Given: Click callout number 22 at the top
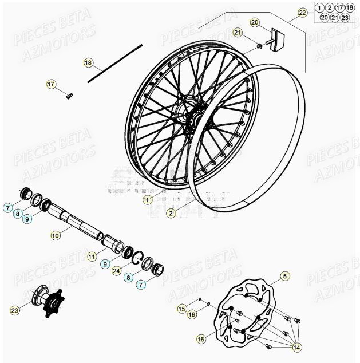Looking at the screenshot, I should coord(302,11).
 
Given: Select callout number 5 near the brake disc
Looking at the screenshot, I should coord(285,278).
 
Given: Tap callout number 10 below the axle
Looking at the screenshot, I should coord(55,235).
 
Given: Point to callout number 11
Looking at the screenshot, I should coord(92,257).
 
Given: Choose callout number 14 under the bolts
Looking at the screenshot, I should coord(296,348).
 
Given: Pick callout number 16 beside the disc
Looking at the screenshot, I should coord(201,340).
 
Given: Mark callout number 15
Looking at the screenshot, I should coord(181,310).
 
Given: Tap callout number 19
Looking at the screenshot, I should coord(191,315).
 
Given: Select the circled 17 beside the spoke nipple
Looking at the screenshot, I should coord(51,85).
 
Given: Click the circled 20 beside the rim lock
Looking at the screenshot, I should coord(255,22).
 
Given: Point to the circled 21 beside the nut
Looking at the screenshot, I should coord(238,33).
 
